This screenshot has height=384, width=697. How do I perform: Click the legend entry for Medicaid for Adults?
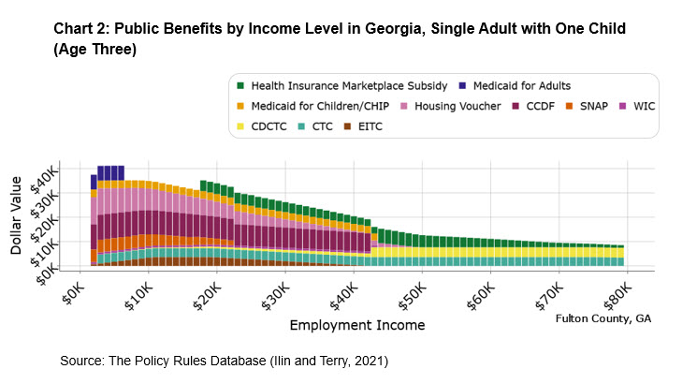[524, 86]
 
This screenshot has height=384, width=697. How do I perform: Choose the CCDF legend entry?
[548, 106]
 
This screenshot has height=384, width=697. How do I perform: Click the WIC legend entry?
[653, 106]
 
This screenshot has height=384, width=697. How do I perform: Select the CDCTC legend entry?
[269, 125]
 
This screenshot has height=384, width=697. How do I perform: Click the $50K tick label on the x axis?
[410, 296]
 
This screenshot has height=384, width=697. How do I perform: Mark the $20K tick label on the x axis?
[204, 296]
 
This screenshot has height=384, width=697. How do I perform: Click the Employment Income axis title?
[356, 326]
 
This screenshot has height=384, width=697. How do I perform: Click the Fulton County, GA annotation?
[603, 318]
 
